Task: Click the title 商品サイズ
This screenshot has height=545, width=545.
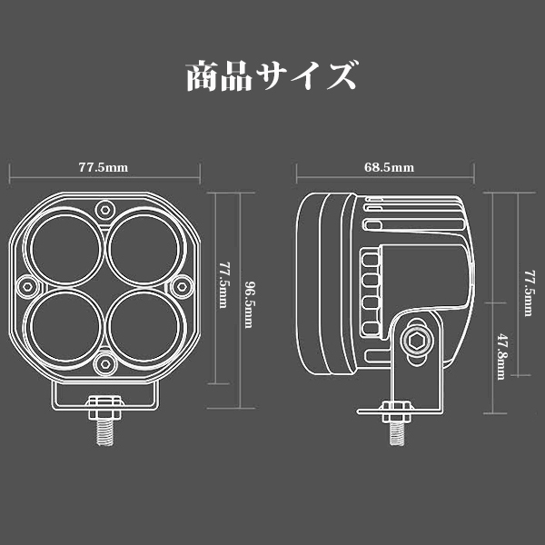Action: click(270, 75)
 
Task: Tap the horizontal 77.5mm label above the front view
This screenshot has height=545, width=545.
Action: click(103, 168)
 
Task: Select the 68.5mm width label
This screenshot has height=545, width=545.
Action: click(389, 168)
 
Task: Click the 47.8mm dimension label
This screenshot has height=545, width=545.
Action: click(501, 356)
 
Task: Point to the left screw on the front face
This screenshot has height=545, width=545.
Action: click(26, 284)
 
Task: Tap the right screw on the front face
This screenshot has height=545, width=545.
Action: click(181, 284)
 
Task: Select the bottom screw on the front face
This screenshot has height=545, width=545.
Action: click(104, 363)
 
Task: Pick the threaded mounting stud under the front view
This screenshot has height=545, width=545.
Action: click(103, 429)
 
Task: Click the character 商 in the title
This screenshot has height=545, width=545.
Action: click(203, 75)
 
